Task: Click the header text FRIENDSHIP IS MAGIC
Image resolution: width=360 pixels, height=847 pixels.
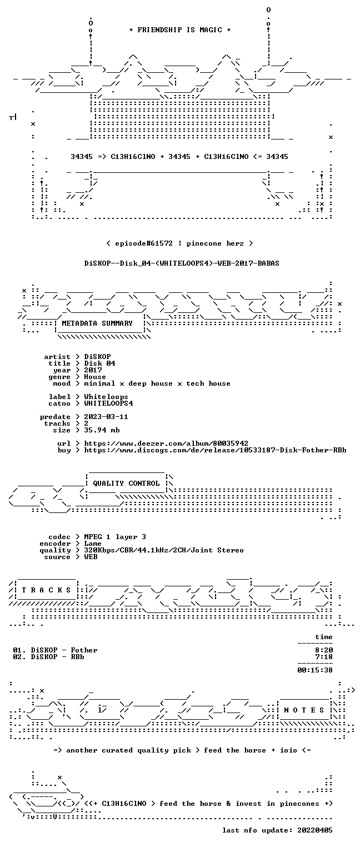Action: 179,30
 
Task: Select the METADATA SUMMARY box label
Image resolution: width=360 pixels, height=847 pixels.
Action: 97,323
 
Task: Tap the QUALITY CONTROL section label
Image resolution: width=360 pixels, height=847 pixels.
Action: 126,483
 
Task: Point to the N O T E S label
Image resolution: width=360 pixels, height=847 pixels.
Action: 304,710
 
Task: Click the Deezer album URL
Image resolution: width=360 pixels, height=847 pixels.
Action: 166,443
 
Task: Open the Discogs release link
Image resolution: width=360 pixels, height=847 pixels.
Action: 215,450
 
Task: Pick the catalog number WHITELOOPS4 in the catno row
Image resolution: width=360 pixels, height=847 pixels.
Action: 108,403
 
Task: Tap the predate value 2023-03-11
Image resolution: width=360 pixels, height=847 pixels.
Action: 106,417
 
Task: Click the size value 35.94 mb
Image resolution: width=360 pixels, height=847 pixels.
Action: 102,430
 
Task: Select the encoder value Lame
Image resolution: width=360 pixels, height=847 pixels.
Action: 93,544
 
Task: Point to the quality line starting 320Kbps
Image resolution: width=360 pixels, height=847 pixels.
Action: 164,550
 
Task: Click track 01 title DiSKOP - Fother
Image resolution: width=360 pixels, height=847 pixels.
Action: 64,650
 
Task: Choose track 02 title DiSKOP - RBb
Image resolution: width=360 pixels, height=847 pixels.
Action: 57,657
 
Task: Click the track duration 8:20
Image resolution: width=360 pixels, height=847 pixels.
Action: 324,650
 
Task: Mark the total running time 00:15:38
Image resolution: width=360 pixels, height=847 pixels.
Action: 315,670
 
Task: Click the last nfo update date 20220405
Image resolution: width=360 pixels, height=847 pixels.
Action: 315,830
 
